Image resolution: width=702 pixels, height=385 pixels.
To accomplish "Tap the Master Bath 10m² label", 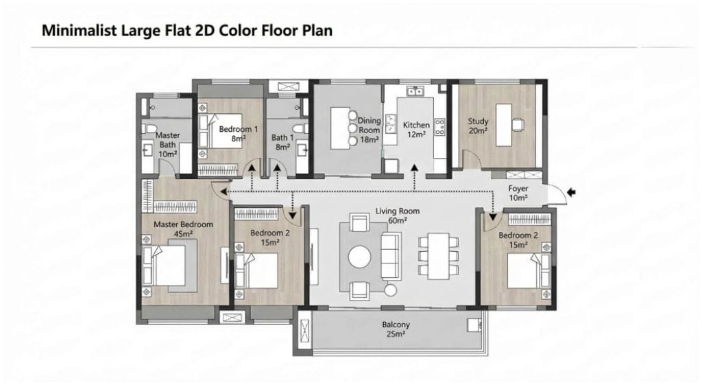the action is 168,144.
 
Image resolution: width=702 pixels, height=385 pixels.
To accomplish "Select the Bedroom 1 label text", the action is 238,129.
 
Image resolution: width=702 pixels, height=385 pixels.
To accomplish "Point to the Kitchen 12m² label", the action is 416,129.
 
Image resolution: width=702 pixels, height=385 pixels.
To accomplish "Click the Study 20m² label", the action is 478,126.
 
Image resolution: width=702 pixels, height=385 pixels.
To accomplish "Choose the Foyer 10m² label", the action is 518,193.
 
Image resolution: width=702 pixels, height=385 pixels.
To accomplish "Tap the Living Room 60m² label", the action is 398,215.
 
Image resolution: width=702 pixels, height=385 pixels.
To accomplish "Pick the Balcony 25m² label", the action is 396,329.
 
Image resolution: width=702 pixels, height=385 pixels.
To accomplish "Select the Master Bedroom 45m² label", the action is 184,229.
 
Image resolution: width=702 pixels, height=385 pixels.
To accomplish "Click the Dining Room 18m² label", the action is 370,130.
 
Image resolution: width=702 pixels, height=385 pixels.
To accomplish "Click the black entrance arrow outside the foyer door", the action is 571,192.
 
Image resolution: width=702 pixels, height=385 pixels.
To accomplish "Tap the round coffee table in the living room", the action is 359,257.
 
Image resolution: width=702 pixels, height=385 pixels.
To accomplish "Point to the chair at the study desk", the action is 518,124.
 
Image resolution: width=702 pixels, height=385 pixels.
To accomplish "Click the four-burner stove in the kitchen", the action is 439,127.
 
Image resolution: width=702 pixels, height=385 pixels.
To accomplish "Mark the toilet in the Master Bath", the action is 149,128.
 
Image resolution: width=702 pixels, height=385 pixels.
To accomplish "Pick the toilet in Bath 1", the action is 302,128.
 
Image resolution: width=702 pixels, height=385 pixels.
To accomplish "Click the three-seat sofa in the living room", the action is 391,257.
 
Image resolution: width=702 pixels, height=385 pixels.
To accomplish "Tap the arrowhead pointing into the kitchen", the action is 415,167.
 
